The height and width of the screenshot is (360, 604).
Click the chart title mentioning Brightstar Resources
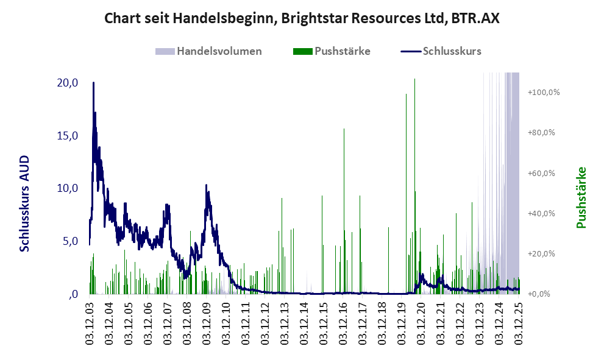tap(302, 18)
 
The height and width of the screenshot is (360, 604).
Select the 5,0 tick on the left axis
tap(71, 241)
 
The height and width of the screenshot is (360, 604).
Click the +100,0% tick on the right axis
tap(544, 93)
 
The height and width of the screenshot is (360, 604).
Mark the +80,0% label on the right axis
tap(544, 133)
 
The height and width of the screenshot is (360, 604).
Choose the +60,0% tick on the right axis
tap(544, 173)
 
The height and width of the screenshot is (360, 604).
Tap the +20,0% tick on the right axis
tap(544, 253)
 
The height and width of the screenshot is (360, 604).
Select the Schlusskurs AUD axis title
tap(25, 203)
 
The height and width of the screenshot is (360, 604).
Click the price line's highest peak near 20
tap(93, 83)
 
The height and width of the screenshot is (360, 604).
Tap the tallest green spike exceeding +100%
tap(414, 79)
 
